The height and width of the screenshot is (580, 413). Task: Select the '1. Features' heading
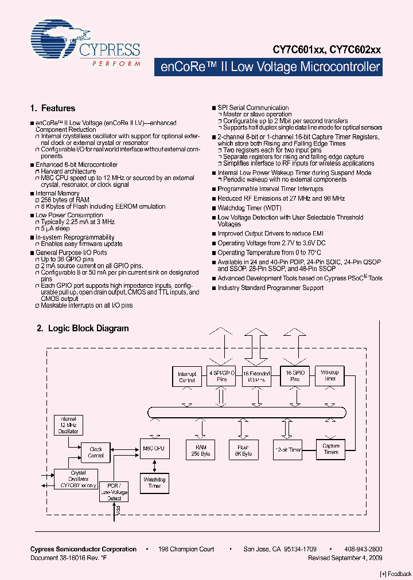52,108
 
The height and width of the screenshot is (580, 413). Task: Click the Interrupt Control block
187,377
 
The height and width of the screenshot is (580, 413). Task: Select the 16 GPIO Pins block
295,376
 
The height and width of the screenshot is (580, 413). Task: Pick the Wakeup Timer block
330,375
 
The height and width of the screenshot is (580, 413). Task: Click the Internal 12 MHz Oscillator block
68,425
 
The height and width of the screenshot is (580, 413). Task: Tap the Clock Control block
96,452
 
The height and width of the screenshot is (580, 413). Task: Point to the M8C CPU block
152,448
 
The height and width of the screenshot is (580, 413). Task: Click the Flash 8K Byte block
243,450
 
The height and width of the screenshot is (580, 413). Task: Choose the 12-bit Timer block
287,450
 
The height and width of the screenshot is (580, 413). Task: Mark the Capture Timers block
331,449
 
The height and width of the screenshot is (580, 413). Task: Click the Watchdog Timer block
155,482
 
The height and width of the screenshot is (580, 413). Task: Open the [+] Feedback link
396,573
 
